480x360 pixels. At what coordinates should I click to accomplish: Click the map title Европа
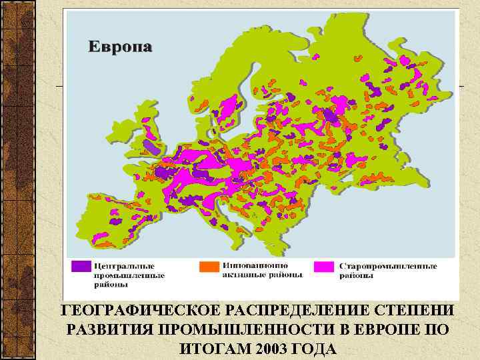(x=121, y=47)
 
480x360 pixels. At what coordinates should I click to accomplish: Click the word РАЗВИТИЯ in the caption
(x=103, y=331)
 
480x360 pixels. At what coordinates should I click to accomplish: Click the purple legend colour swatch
(x=81, y=267)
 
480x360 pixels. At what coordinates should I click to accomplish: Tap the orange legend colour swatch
(x=209, y=266)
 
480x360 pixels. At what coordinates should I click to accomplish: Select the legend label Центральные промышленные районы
(x=129, y=274)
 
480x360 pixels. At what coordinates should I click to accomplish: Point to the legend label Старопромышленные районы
(x=389, y=271)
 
